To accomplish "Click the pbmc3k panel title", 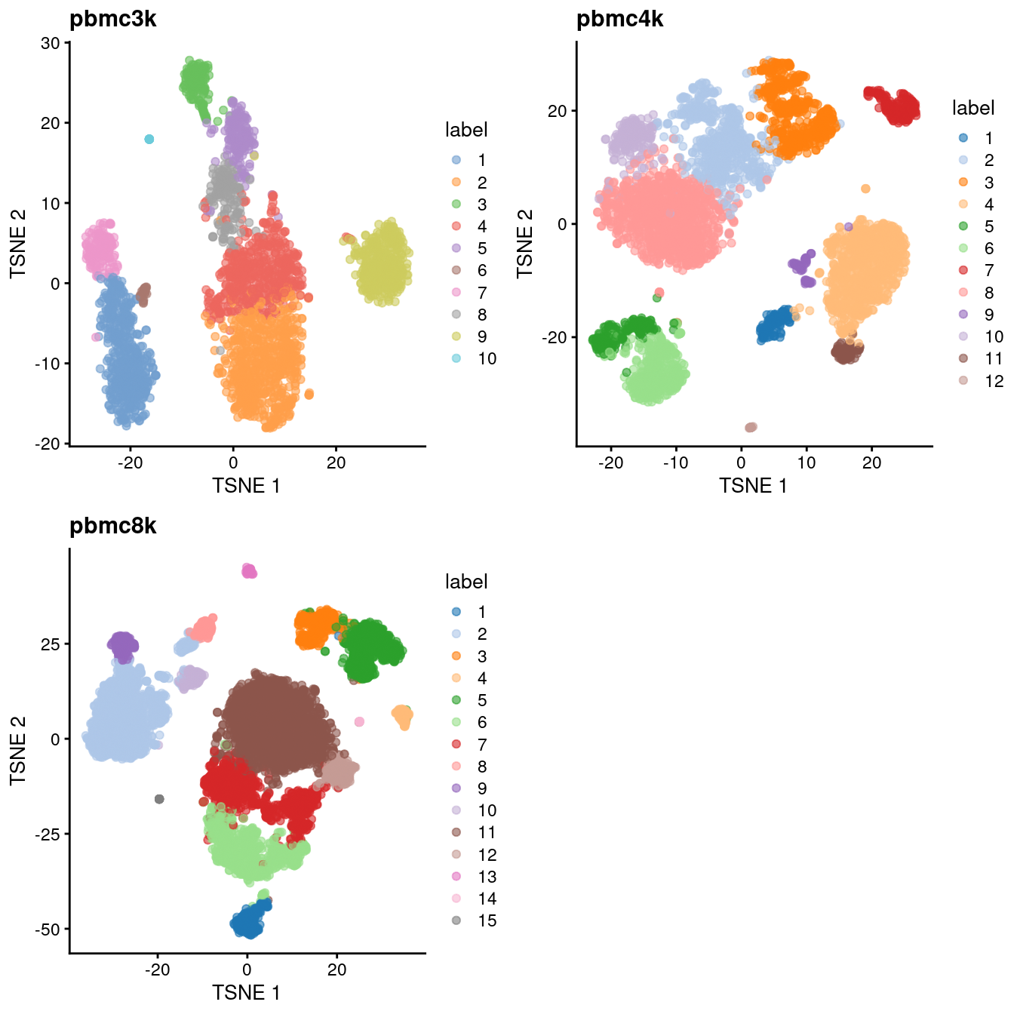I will click(x=112, y=19).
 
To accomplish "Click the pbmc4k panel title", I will click(x=619, y=19).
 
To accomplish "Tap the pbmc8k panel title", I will click(x=112, y=526).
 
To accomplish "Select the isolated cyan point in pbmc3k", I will click(x=149, y=139).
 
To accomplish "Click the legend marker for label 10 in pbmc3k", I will click(x=456, y=358).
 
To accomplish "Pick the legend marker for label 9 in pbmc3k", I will click(x=456, y=336).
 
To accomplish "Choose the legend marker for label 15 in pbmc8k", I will click(x=456, y=920).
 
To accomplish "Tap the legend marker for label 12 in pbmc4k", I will click(x=963, y=380).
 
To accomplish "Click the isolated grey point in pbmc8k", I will click(x=159, y=799).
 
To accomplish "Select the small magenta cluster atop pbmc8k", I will click(x=249, y=571).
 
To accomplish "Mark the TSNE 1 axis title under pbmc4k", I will click(x=753, y=486).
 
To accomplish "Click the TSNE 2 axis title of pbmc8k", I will click(x=18, y=751).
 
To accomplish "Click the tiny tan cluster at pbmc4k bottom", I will click(x=751, y=428).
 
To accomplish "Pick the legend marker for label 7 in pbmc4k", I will click(x=963, y=270).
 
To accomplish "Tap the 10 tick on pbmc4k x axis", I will click(x=807, y=462).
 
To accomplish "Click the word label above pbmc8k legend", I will click(x=466, y=582).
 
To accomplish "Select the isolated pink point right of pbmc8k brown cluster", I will click(x=359, y=722).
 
